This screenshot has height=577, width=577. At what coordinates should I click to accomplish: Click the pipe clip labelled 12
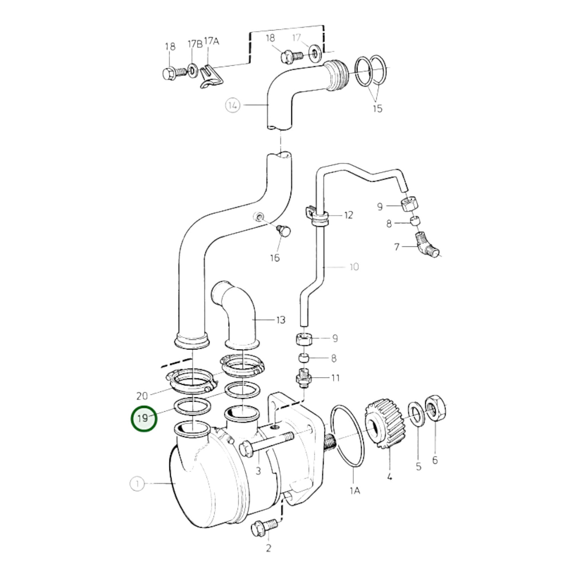318,215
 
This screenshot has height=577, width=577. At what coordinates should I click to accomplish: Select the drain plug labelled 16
284,230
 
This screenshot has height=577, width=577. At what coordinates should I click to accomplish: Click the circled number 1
137,484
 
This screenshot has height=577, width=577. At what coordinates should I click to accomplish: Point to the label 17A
211,41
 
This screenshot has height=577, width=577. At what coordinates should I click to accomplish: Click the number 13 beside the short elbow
281,320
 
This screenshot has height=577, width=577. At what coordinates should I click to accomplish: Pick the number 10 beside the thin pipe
354,266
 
